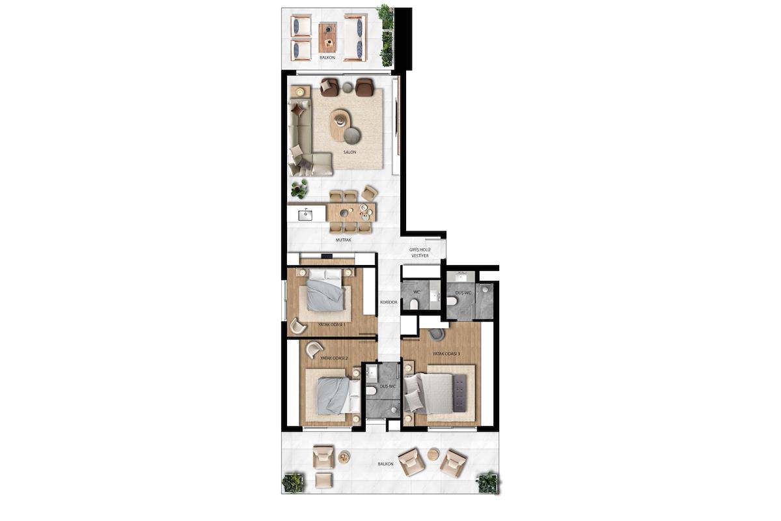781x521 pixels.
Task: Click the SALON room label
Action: pos(349,152)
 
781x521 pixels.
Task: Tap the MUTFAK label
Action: pos(344,240)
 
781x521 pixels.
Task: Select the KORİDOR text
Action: pos(389,302)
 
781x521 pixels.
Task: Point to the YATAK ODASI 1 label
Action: pos(331,324)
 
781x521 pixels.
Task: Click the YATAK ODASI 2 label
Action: pos(335,358)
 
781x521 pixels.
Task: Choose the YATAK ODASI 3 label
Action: pos(446,354)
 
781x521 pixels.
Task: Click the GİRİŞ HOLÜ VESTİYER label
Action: pos(420,253)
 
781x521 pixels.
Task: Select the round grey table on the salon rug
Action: pos(352,135)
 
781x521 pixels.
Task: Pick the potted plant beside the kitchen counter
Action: pos(299,189)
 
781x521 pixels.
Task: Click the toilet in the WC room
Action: pos(414,304)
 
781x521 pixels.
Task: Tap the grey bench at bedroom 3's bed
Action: pos(459,393)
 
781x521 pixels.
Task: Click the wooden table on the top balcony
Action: pos(327,38)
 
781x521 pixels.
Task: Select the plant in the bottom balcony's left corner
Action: pos(292,483)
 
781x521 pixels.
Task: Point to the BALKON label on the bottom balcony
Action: pos(385,464)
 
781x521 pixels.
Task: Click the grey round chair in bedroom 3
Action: pos(436,334)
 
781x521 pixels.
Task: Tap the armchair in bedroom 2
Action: pos(314,350)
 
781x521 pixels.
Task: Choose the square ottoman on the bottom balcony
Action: pos(323,480)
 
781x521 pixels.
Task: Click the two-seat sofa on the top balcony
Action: pos(355,38)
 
